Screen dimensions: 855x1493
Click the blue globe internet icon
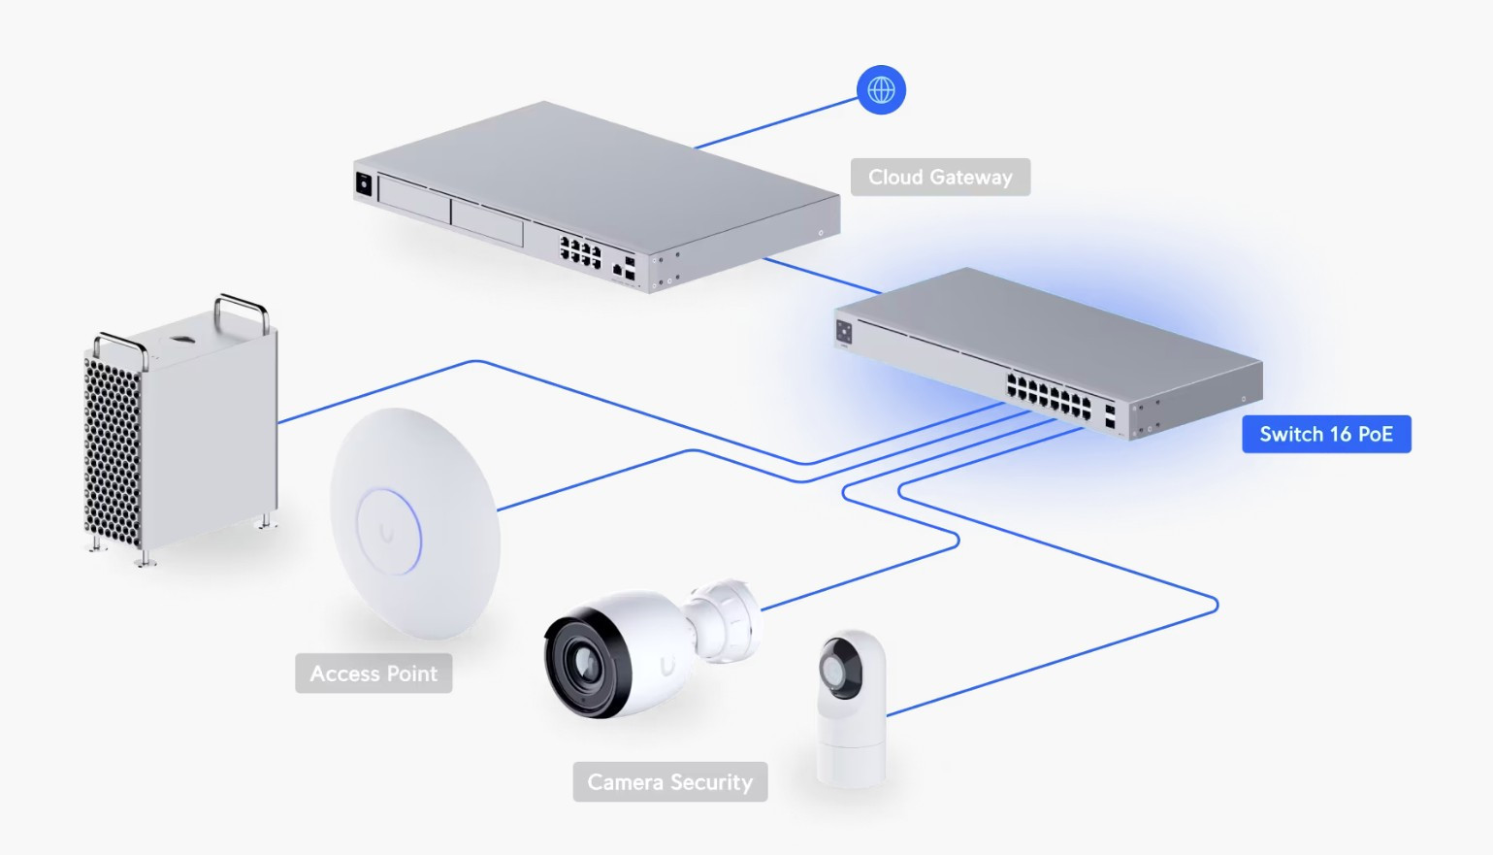[881, 90]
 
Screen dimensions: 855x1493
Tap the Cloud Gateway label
[940, 178]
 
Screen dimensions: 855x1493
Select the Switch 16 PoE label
[1326, 435]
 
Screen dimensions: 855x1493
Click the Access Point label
[373, 674]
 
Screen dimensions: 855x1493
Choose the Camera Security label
[669, 782]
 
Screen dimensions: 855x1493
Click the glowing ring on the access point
[389, 531]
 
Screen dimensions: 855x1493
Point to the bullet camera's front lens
[586, 662]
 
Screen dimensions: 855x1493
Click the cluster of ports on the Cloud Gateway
[580, 252]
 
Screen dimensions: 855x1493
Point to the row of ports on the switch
[1048, 395]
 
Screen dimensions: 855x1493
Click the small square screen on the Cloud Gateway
[364, 183]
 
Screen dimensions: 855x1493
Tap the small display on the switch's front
[844, 333]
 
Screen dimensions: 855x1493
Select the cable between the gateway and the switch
[821, 276]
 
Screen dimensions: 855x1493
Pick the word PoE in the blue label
[1375, 435]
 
